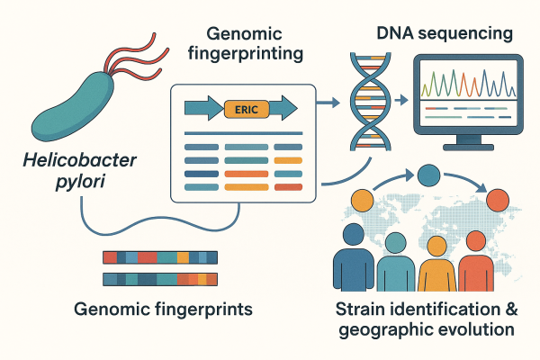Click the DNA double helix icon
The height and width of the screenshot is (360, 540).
(364, 99)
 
